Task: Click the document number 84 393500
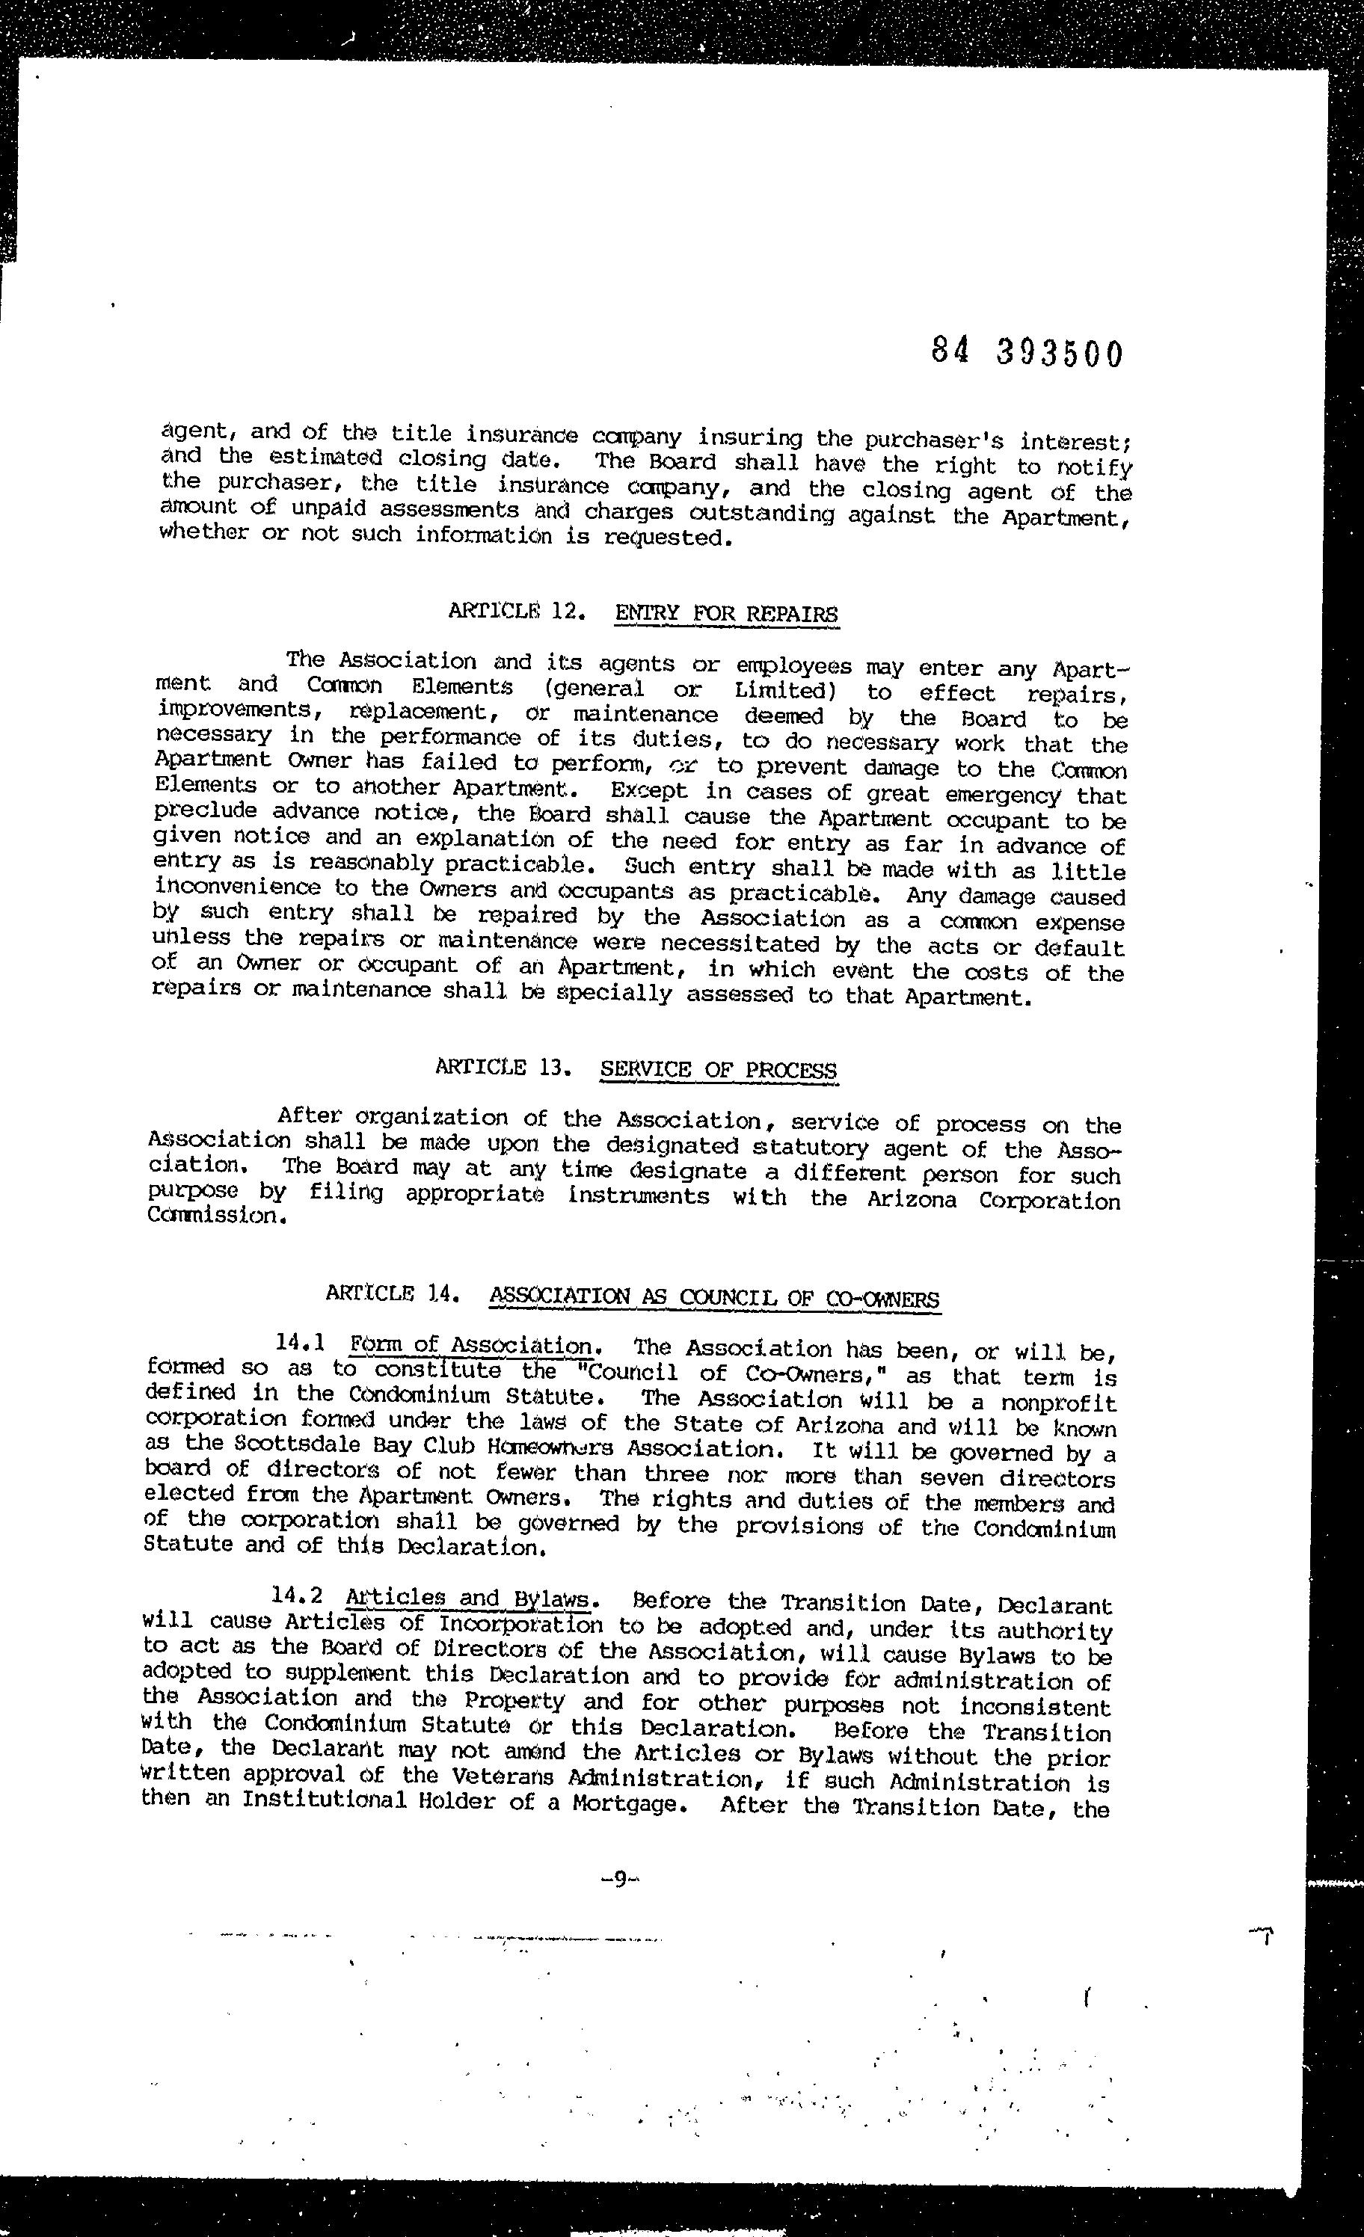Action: click(x=1027, y=352)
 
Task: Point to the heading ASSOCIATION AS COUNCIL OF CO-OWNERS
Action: click(x=714, y=1297)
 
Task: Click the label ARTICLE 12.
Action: click(x=514, y=610)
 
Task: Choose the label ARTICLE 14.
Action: click(x=389, y=1293)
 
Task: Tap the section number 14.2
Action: click(x=297, y=1597)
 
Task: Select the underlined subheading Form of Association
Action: click(x=471, y=1346)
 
